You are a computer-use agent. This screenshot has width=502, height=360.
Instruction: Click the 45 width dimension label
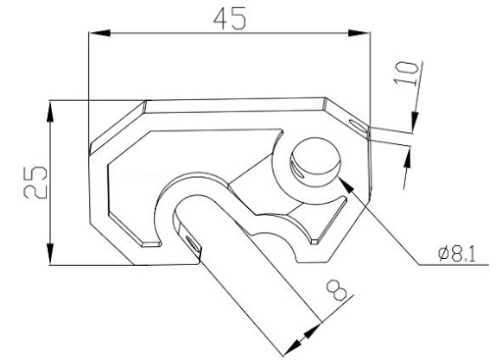click(229, 18)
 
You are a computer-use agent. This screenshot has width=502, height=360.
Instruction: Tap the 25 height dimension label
click(35, 182)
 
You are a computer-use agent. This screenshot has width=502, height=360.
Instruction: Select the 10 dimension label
click(406, 74)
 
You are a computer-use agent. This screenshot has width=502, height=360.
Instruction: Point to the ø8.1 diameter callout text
click(457, 254)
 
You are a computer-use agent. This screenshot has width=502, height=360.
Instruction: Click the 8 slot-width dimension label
click(336, 290)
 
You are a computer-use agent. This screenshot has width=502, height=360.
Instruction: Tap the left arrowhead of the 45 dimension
click(99, 32)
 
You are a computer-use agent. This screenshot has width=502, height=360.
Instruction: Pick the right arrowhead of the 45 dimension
click(359, 32)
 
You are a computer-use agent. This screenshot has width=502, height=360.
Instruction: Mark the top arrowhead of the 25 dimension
click(50, 111)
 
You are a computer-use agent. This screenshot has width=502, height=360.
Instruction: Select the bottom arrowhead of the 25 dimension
click(50, 254)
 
